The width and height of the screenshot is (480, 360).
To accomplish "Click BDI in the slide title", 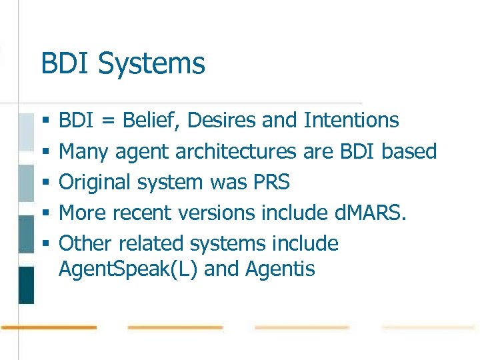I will coord(65,64).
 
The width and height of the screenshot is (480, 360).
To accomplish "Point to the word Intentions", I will coord(351,121).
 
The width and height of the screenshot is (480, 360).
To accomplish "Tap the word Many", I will coord(84,152).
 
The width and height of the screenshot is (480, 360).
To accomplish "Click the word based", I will coord(409,151).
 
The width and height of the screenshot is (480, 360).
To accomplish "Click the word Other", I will coord(82,244).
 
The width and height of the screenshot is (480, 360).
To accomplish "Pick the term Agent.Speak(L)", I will coord(126,270).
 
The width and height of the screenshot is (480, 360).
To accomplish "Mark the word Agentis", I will coord(280,270).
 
